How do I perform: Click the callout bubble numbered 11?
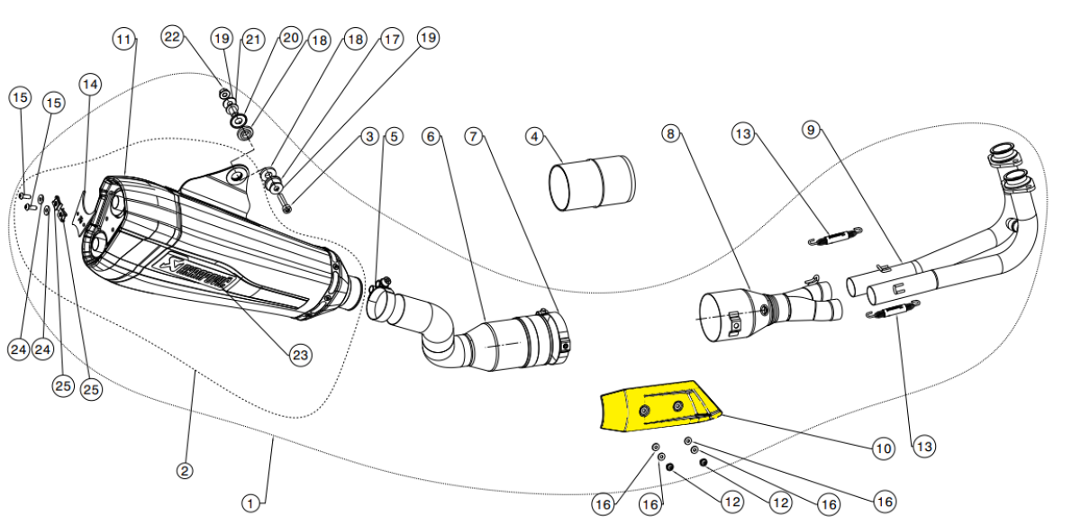123,40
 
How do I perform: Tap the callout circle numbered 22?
172,37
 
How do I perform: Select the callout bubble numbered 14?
90,84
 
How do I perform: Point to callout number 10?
881,447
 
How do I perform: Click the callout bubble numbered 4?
536,137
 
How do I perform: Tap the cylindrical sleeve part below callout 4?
592,183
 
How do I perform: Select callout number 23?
300,355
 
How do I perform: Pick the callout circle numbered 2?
184,470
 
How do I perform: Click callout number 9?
811,130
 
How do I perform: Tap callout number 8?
670,134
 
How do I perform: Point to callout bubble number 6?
431,137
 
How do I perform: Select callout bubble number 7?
476,137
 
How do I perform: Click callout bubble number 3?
368,137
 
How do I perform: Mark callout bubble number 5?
394,137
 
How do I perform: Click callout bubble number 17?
391,40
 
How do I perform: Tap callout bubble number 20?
289,38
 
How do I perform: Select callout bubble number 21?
253,39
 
